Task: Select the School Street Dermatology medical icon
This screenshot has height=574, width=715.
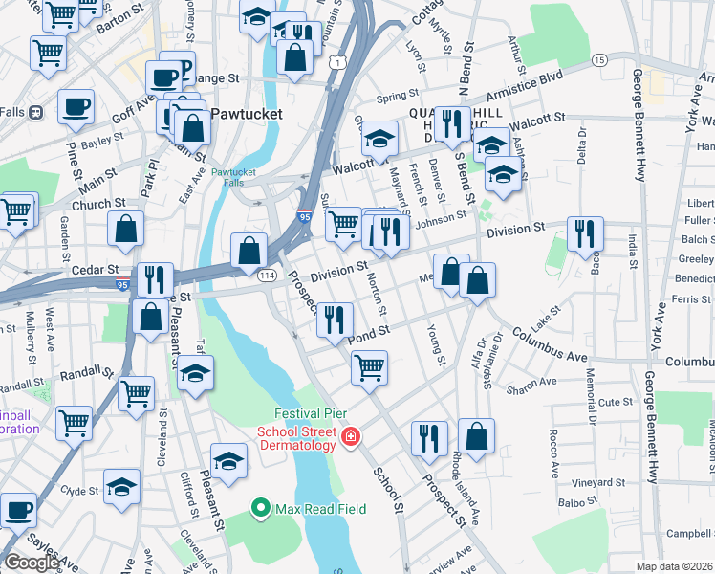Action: [351, 437]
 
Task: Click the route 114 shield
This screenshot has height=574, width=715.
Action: [266, 275]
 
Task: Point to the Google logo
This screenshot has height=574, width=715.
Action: [32, 563]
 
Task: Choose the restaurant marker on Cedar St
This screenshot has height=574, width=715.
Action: [153, 278]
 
